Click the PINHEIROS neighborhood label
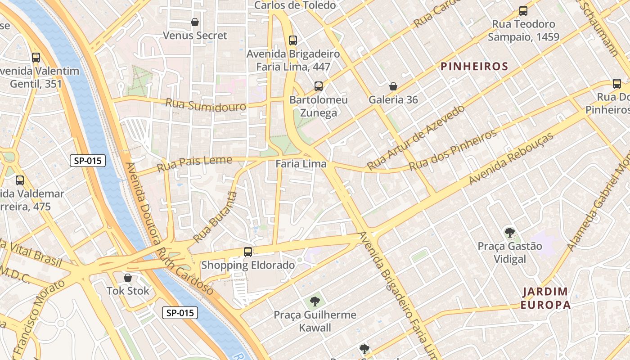click(474, 67)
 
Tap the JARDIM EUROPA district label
click(546, 298)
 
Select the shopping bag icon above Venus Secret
click(195, 22)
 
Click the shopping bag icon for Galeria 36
click(393, 86)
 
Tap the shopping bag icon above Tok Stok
click(128, 278)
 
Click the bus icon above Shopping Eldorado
click(248, 252)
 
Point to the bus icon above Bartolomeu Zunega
click(319, 86)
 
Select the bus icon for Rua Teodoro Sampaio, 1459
click(523, 11)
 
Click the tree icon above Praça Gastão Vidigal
click(509, 233)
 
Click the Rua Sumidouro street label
click(206, 105)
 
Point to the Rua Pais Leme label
click(194, 164)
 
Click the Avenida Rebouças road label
click(511, 159)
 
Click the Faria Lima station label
click(301, 164)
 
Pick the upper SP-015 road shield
click(88, 161)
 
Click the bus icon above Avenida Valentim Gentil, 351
click(36, 58)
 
